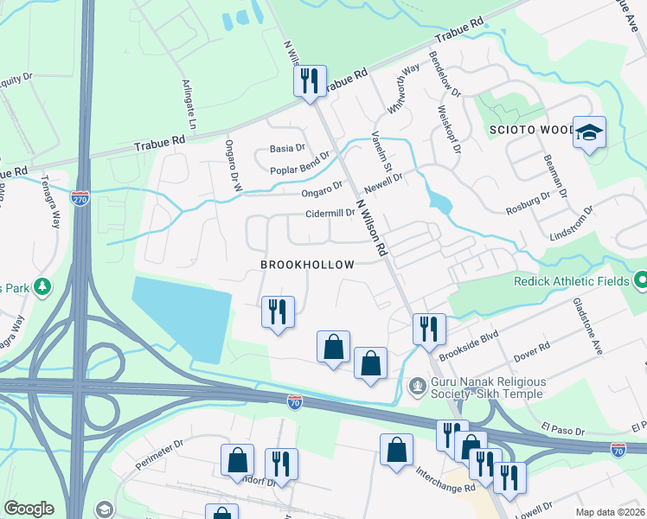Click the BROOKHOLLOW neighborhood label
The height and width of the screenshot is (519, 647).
coord(307,264)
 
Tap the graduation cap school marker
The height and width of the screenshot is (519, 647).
coord(590,133)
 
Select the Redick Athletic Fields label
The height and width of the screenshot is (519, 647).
coord(569,281)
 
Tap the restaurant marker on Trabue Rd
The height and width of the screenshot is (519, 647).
coord(310,82)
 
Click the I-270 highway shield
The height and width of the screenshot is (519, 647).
coord(80,197)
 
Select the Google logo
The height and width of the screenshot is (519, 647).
coord(29,509)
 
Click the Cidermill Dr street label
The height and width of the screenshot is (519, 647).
coord(330,213)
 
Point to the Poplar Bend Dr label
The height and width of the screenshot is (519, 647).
coord(300,170)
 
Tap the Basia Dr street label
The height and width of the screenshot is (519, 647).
coord(288,149)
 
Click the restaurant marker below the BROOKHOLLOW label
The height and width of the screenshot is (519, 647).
coord(278,311)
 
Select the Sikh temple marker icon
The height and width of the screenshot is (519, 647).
coord(419,383)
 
